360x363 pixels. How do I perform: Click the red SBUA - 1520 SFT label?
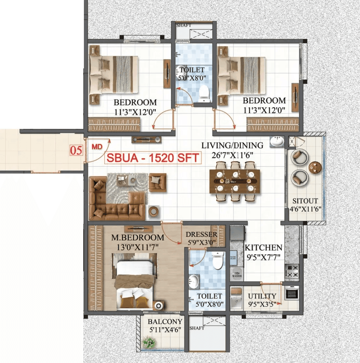pos(153,158)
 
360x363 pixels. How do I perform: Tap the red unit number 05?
pos(76,150)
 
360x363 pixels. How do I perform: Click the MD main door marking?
pos(97,147)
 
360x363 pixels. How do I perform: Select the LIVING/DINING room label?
pos(232,146)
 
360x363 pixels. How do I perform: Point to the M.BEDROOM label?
pos(138,238)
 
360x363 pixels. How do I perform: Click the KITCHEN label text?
pos(263,247)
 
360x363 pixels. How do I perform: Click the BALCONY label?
pos(165,322)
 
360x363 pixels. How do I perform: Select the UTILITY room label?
pos(262,296)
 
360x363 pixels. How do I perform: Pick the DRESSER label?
pos(201,235)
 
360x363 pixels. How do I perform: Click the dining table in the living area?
pos(235,181)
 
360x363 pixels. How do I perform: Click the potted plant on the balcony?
pos(149,342)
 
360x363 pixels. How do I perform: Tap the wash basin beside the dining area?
pos(277,142)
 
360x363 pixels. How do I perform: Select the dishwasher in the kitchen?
pos(237,274)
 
